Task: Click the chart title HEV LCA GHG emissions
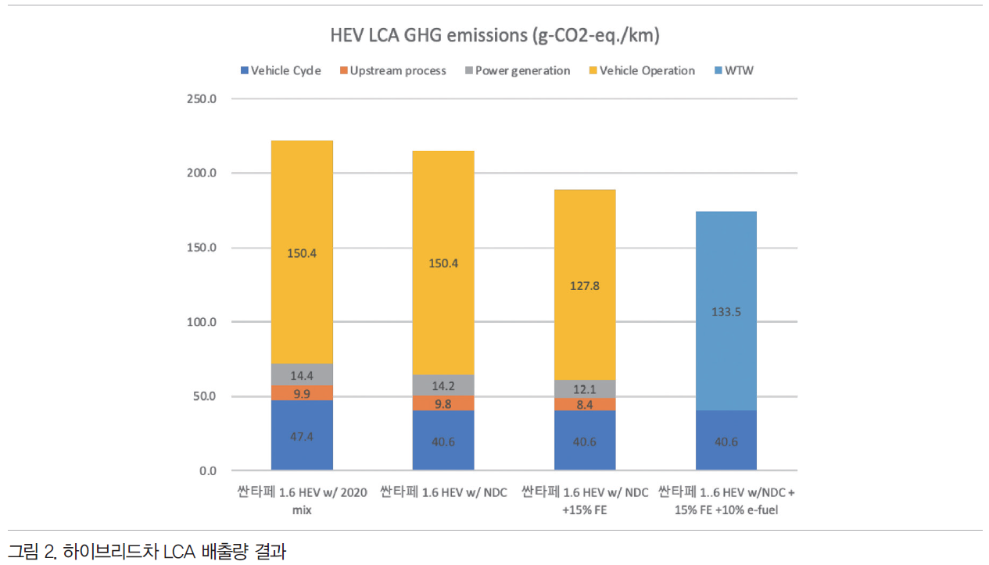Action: pyautogui.click(x=495, y=36)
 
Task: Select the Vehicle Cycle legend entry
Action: pyautogui.click(x=280, y=70)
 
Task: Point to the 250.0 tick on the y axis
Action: pyautogui.click(x=202, y=99)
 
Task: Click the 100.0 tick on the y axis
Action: pyautogui.click(x=202, y=322)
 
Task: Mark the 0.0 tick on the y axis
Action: pyautogui.click(x=207, y=470)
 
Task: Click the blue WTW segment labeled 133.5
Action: pyautogui.click(x=726, y=311)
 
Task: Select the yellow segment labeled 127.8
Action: pyautogui.click(x=585, y=285)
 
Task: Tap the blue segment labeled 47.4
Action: pyautogui.click(x=302, y=436)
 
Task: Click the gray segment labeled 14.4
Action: pyautogui.click(x=302, y=375)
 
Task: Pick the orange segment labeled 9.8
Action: pyautogui.click(x=443, y=403)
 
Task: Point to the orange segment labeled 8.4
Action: pyautogui.click(x=585, y=404)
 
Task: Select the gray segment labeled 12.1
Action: pyautogui.click(x=585, y=389)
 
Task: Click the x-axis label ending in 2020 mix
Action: pyautogui.click(x=302, y=500)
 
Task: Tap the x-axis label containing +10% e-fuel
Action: pyautogui.click(x=726, y=500)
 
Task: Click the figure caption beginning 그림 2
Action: pyautogui.click(x=147, y=552)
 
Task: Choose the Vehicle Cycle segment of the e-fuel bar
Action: pyautogui.click(x=726, y=441)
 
